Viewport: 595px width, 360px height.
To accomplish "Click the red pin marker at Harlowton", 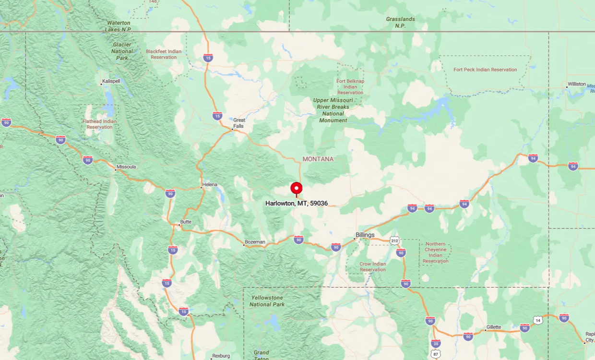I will (297, 188).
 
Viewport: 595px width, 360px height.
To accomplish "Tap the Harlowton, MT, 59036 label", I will (297, 204).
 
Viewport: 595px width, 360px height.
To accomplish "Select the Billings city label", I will (365, 235).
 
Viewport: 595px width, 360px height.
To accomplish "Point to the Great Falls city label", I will (238, 123).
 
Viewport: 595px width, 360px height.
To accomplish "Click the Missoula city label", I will (126, 167).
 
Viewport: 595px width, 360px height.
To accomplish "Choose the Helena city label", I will (210, 184).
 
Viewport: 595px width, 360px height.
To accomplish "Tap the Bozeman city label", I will (255, 242).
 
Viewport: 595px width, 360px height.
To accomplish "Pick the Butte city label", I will (185, 222).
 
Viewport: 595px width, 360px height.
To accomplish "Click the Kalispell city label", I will (111, 81).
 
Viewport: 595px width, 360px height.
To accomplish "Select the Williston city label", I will (577, 84).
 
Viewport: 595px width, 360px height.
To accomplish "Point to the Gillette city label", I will (494, 327).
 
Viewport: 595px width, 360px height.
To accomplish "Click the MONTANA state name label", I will (318, 159).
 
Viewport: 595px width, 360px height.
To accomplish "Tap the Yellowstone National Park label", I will (267, 301).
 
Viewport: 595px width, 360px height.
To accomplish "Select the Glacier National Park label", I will (122, 51).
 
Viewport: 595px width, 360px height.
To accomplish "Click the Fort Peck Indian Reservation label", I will (485, 70).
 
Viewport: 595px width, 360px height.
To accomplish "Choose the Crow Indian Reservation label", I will (373, 266).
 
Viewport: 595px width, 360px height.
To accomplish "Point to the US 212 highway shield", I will (394, 240).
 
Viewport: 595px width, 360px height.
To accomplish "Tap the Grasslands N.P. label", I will (400, 23).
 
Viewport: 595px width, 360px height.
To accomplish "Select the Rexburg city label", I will (221, 356).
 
